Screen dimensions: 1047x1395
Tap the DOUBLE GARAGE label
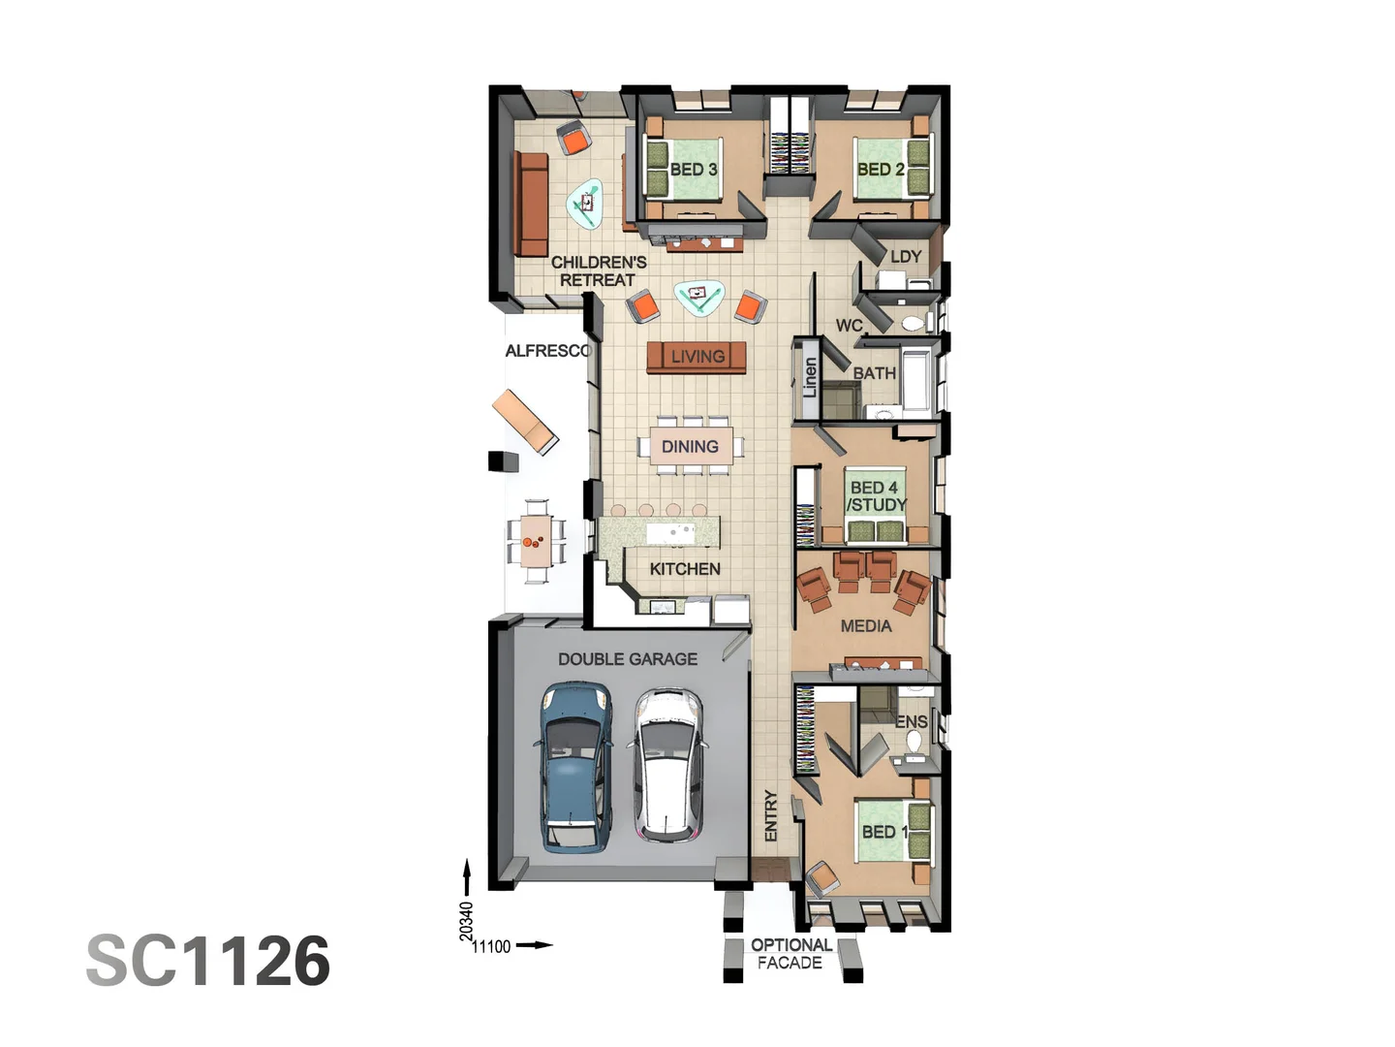(627, 659)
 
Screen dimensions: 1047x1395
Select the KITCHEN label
(685, 569)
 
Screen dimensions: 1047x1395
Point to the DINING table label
(690, 447)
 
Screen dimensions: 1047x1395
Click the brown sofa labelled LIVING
(697, 357)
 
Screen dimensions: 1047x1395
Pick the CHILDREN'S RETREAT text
(598, 271)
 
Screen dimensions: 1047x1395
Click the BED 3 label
(694, 170)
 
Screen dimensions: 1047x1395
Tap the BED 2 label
(880, 170)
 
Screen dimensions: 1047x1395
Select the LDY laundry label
(905, 257)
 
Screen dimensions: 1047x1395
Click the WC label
(849, 326)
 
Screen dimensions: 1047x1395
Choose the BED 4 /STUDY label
(877, 496)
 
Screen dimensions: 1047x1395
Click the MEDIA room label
(865, 626)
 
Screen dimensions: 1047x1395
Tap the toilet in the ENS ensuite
(913, 742)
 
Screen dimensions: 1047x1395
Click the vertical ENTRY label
(771, 815)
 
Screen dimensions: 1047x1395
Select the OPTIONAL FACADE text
(790, 954)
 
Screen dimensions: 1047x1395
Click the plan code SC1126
(208, 961)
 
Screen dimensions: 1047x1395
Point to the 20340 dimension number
(466, 921)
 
